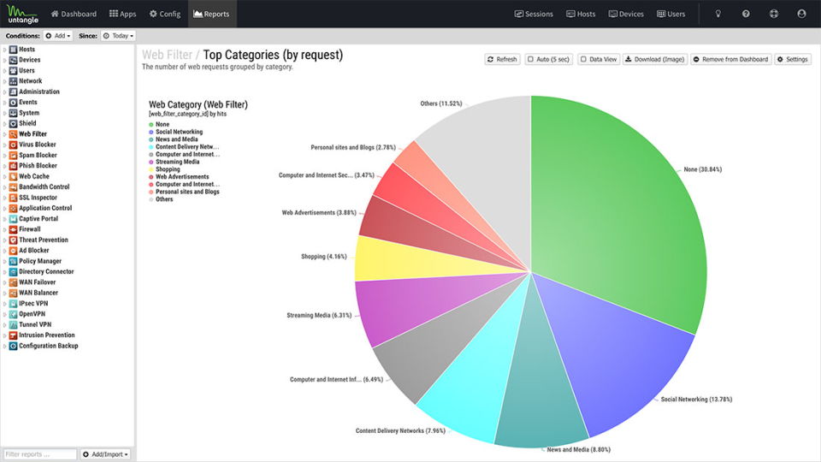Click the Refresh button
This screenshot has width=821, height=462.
[x=502, y=59]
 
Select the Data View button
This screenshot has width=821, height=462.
[x=598, y=59]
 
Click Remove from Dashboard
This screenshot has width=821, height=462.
[x=730, y=59]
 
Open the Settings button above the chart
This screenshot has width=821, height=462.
[x=793, y=59]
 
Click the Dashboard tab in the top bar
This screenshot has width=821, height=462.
[x=74, y=14]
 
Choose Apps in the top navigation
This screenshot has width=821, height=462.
[x=123, y=14]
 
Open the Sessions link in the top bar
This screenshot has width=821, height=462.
[x=534, y=14]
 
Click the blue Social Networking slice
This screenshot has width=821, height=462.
[x=616, y=351]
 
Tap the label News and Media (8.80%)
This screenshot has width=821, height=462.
[x=578, y=449]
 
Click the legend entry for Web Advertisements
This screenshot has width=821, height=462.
[x=181, y=177]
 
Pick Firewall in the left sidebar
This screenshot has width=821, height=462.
[x=31, y=229]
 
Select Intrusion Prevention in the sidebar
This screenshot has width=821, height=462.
[x=47, y=335]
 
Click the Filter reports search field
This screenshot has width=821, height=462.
[x=39, y=453]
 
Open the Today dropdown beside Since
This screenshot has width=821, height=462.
[x=118, y=36]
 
